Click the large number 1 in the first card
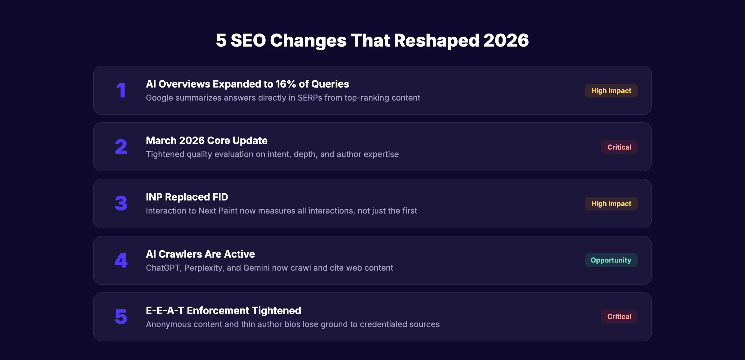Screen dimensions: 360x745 pos(121,90)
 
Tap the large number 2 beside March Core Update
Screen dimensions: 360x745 pos(121,147)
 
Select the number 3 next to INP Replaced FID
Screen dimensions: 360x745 pos(121,203)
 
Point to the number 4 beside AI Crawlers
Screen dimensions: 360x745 pos(121,260)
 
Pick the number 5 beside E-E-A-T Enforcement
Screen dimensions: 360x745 pos(121,317)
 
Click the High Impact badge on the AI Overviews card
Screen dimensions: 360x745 pos(611,91)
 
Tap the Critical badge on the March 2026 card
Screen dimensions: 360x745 pos(619,147)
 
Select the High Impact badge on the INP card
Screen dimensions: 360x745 pos(611,204)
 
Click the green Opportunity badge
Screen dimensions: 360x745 pos(611,260)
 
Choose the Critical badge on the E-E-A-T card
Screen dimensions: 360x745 pos(619,317)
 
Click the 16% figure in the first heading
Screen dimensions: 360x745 pos(286,84)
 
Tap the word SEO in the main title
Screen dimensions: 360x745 pos(248,40)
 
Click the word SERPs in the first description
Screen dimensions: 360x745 pos(310,98)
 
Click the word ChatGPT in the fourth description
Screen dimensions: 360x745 pos(163,268)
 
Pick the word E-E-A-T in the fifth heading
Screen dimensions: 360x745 pos(165,311)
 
